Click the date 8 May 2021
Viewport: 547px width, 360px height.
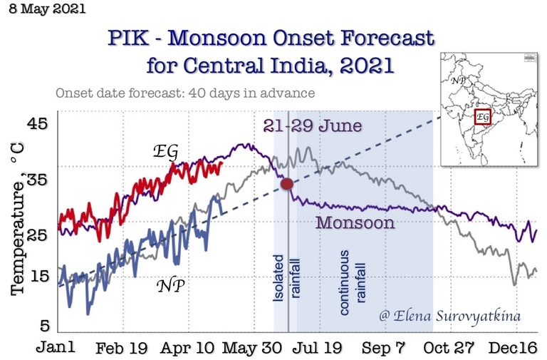click(46, 10)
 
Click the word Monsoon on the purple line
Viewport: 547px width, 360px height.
click(355, 222)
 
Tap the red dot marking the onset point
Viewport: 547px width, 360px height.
click(287, 184)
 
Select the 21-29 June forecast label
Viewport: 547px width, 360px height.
click(312, 126)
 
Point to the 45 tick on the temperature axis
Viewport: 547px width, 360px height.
click(37, 124)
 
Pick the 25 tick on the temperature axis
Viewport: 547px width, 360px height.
click(37, 233)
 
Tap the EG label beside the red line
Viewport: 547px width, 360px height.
click(165, 152)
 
